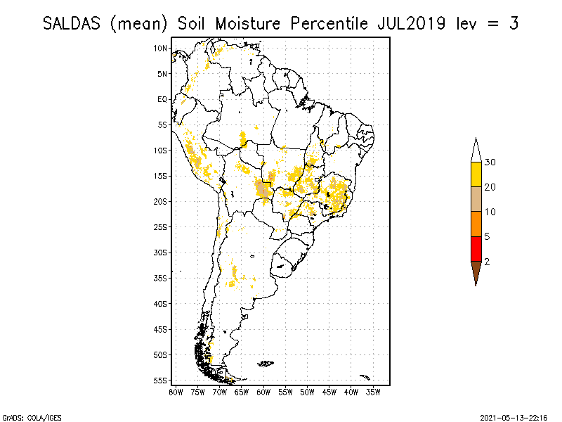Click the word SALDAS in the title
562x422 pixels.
[x=73, y=23]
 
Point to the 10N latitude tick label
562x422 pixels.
[x=161, y=48]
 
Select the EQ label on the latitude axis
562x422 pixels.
[x=162, y=99]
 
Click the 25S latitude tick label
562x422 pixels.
[x=161, y=226]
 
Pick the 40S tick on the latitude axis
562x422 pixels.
[x=161, y=303]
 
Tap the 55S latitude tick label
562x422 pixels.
[x=161, y=380]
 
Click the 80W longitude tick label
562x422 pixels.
[x=176, y=391]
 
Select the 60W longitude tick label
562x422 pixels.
[x=263, y=391]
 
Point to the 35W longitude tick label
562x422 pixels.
[x=373, y=391]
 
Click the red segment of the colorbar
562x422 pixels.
[x=476, y=248]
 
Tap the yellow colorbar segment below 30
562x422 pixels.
[x=476, y=174]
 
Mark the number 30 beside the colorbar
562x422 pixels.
[x=490, y=162]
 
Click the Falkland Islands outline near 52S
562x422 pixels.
[x=266, y=364]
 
